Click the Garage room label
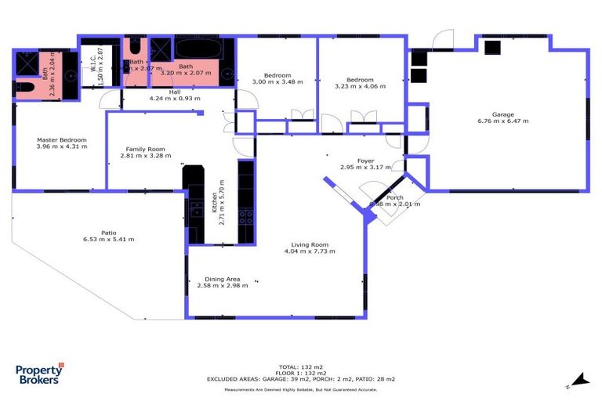502,114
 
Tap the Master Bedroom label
61,140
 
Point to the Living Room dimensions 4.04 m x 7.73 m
310,251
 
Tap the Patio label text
109,232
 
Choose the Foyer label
365,161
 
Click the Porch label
394,197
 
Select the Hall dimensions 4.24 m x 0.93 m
174,99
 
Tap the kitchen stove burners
245,215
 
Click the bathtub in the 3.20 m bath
198,48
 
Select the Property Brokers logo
39,375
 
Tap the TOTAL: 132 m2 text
301,367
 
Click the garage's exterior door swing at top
444,39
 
